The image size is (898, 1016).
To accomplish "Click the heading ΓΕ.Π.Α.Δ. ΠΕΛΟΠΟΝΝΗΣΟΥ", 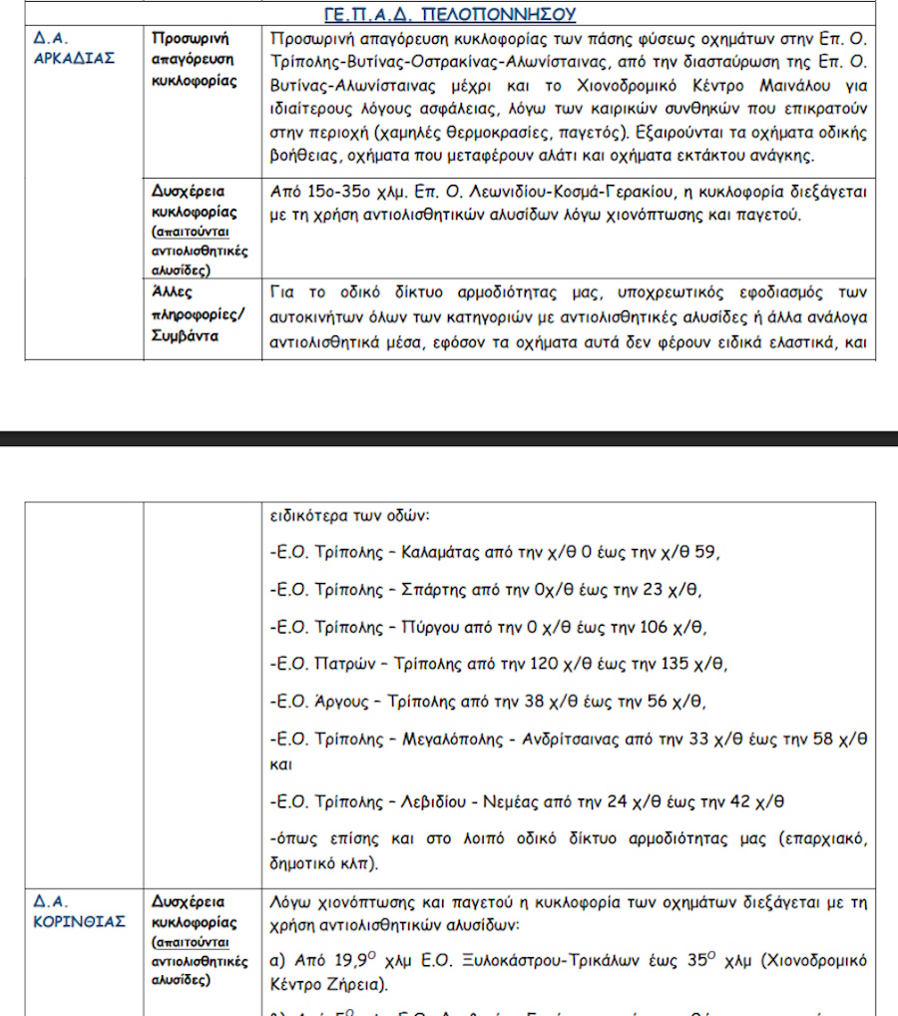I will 449,14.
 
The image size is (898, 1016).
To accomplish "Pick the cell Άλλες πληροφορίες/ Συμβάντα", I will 195,313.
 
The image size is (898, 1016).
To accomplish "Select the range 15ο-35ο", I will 347,192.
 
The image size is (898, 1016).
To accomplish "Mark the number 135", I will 706,664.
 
